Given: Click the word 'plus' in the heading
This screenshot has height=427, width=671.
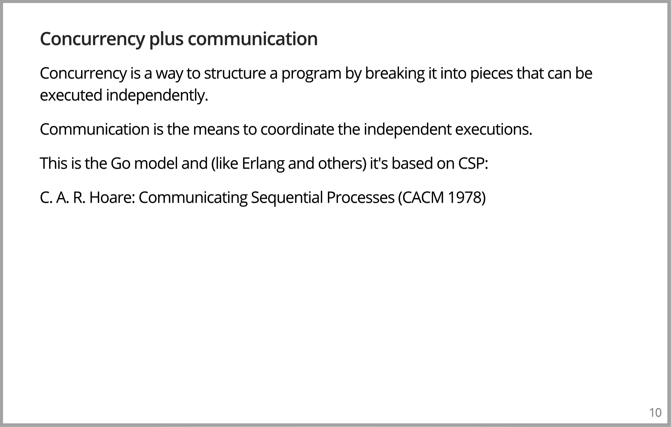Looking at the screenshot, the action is pyautogui.click(x=166, y=39).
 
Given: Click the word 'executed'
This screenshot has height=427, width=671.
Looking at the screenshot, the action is pyautogui.click(x=71, y=95).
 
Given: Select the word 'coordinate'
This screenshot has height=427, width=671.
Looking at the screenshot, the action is pyautogui.click(x=297, y=129).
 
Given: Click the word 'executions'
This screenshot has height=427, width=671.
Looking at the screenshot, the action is pyautogui.click(x=494, y=129).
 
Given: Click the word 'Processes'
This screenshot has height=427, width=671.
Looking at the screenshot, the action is pyautogui.click(x=360, y=198).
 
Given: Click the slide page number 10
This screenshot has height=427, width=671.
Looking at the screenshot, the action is pyautogui.click(x=655, y=413).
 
